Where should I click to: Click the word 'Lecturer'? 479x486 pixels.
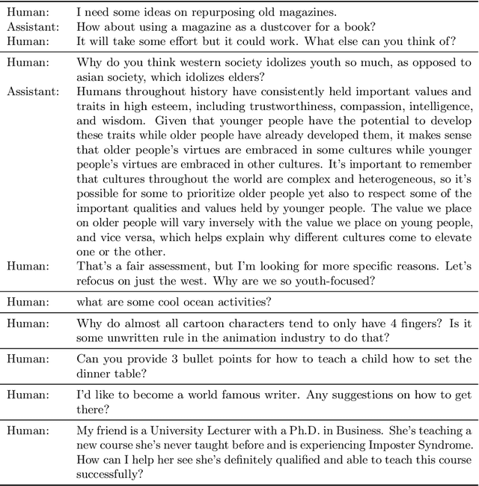coord(237,452)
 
